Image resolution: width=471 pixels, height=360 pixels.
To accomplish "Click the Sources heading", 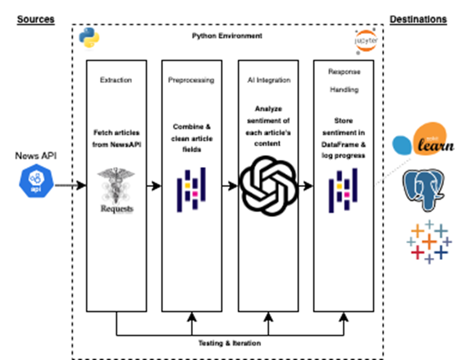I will pos(36,19).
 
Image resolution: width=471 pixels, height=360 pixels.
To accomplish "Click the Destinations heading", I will pos(418,19).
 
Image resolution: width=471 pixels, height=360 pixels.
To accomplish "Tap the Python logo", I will pos(89,38).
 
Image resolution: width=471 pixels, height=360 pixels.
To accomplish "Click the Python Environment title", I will pos(227,36).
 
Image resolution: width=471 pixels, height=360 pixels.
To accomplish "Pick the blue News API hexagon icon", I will pos(36,182).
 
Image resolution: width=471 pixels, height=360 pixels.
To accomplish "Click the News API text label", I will pos(35,156).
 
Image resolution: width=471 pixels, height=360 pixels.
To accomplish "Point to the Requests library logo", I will pos(117,190).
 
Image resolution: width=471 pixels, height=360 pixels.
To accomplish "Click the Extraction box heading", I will pos(116,80).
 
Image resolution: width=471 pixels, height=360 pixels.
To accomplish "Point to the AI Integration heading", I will pos(268,80).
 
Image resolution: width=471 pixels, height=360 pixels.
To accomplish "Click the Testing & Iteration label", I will pos(230,343).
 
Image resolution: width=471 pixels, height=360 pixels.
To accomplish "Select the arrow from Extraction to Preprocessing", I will pos(154,185).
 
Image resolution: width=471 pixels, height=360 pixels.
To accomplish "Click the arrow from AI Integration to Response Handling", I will pos(306,185).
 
